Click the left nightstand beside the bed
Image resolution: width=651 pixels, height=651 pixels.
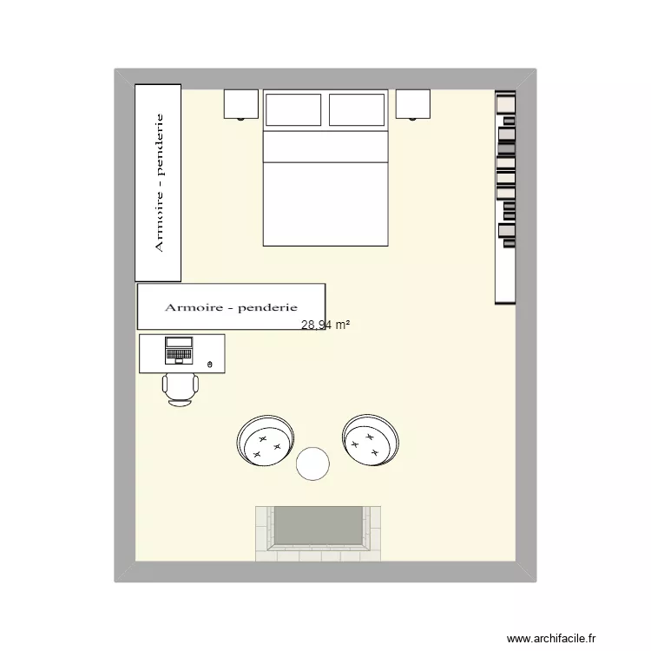(x=241, y=104)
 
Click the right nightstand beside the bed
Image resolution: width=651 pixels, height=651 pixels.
(x=413, y=104)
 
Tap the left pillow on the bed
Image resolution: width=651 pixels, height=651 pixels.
(x=293, y=110)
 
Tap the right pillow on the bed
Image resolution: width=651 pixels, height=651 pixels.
(x=357, y=110)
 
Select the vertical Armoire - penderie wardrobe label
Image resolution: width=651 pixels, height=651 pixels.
(x=159, y=182)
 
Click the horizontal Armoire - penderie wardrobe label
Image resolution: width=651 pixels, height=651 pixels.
(x=231, y=307)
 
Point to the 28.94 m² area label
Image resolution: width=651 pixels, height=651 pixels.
(x=325, y=325)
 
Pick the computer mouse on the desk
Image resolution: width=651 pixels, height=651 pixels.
(x=210, y=365)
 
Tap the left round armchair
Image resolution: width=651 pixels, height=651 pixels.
(x=265, y=440)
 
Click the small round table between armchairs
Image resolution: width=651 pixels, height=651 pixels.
(x=312, y=464)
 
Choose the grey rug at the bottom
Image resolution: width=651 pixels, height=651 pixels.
(x=318, y=527)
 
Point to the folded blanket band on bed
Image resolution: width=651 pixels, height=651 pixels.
(x=325, y=146)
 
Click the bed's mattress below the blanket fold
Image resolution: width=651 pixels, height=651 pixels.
(x=325, y=204)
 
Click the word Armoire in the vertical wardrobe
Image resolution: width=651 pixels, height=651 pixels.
(x=159, y=224)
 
